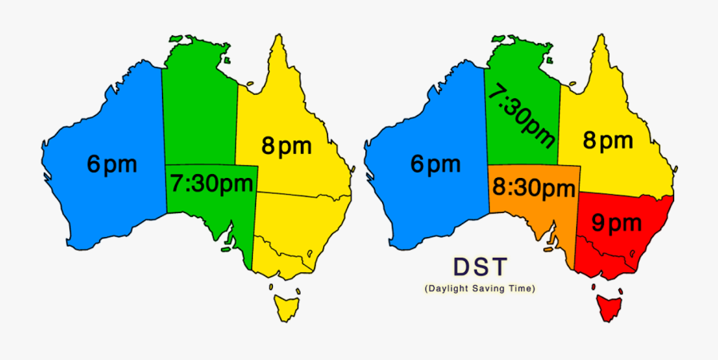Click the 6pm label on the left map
click(112, 165)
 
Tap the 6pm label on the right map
click(436, 165)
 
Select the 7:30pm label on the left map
click(211, 184)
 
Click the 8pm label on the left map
click(286, 145)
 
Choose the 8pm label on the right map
click(608, 141)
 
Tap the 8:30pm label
click(533, 189)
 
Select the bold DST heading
click(480, 266)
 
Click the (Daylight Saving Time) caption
click(480, 287)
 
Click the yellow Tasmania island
click(285, 305)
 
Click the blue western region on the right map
click(439, 208)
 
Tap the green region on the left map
click(199, 104)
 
